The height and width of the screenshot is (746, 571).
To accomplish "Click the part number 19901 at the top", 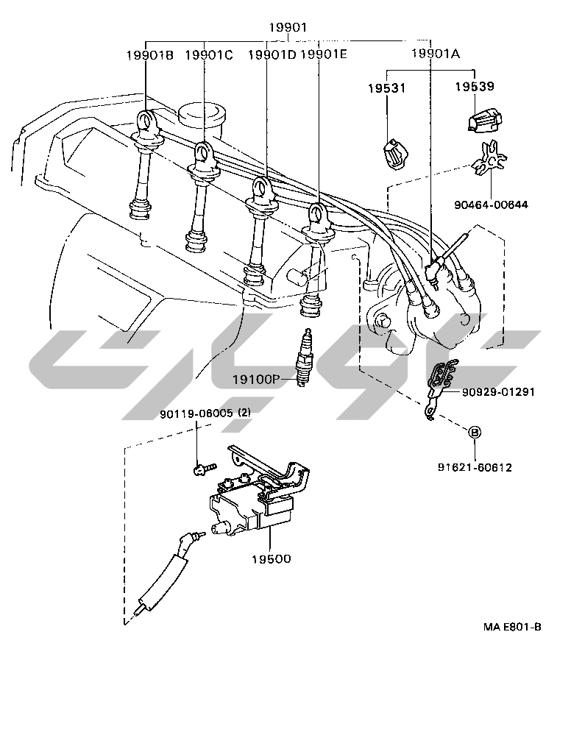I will pyautogui.click(x=287, y=27).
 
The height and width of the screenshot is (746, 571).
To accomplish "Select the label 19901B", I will pyautogui.click(x=149, y=54).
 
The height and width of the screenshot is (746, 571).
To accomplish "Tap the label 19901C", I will pyautogui.click(x=209, y=54).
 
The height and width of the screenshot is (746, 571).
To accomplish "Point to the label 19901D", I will pyautogui.click(x=272, y=54).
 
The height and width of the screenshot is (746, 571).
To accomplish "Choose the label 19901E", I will pyautogui.click(x=324, y=54).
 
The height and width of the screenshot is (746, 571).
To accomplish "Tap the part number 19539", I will pyautogui.click(x=474, y=87).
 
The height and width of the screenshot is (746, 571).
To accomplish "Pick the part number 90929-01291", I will pyautogui.click(x=498, y=391).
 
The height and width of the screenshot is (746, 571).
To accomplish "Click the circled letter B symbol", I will pyautogui.click(x=475, y=432).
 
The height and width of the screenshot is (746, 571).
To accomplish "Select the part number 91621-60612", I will pyautogui.click(x=475, y=466).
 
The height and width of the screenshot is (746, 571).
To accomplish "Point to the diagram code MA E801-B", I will pyautogui.click(x=512, y=627).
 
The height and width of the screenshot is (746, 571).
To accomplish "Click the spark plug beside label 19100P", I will pyautogui.click(x=302, y=358).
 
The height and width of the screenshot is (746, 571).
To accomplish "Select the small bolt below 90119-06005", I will pyautogui.click(x=202, y=466).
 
